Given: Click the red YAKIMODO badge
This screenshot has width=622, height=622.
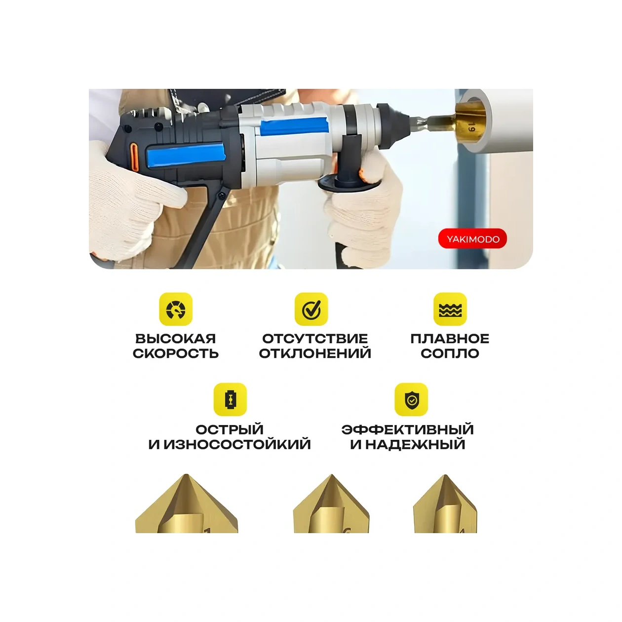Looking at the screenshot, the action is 472,239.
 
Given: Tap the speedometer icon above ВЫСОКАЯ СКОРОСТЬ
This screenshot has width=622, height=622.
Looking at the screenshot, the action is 176,309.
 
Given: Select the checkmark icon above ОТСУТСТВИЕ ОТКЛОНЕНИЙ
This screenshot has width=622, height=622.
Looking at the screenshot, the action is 311,309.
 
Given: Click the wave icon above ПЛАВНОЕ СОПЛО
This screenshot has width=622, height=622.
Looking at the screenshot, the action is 450,309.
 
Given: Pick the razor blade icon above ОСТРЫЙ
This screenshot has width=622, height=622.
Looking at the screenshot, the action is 230,399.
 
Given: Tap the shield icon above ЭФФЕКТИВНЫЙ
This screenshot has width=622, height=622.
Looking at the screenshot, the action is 411,399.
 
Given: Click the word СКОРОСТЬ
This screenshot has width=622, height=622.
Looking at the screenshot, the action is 176,353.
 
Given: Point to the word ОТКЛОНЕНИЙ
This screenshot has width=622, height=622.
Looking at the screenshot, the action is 315,353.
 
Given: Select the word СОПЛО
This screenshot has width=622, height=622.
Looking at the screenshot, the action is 450,353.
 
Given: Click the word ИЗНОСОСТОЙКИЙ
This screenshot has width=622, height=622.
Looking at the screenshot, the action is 237,444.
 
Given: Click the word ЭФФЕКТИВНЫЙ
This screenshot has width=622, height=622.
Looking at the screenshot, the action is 408,429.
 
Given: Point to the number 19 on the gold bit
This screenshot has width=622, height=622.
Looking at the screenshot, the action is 471,127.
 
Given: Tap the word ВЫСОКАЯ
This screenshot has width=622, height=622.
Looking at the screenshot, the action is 176,339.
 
